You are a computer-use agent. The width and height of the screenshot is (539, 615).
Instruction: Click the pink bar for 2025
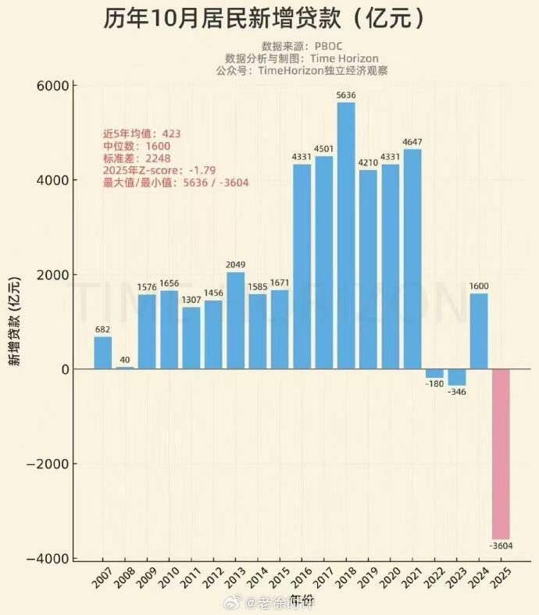pos(501,453)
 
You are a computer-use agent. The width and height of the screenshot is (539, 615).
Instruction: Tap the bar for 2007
pos(103,353)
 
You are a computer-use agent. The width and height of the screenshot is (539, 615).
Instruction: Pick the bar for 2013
pos(235,321)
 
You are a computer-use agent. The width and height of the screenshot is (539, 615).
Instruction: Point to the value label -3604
pos(502,545)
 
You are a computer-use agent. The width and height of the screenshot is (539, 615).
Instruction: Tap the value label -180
pos(434,383)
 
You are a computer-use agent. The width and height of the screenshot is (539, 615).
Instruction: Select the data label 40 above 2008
pos(125,360)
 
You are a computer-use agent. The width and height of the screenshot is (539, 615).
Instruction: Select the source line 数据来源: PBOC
pos(302,46)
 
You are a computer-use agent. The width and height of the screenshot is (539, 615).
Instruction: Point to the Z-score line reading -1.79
pos(159,170)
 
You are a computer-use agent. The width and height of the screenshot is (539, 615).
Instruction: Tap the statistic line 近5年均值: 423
pos(141,133)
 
